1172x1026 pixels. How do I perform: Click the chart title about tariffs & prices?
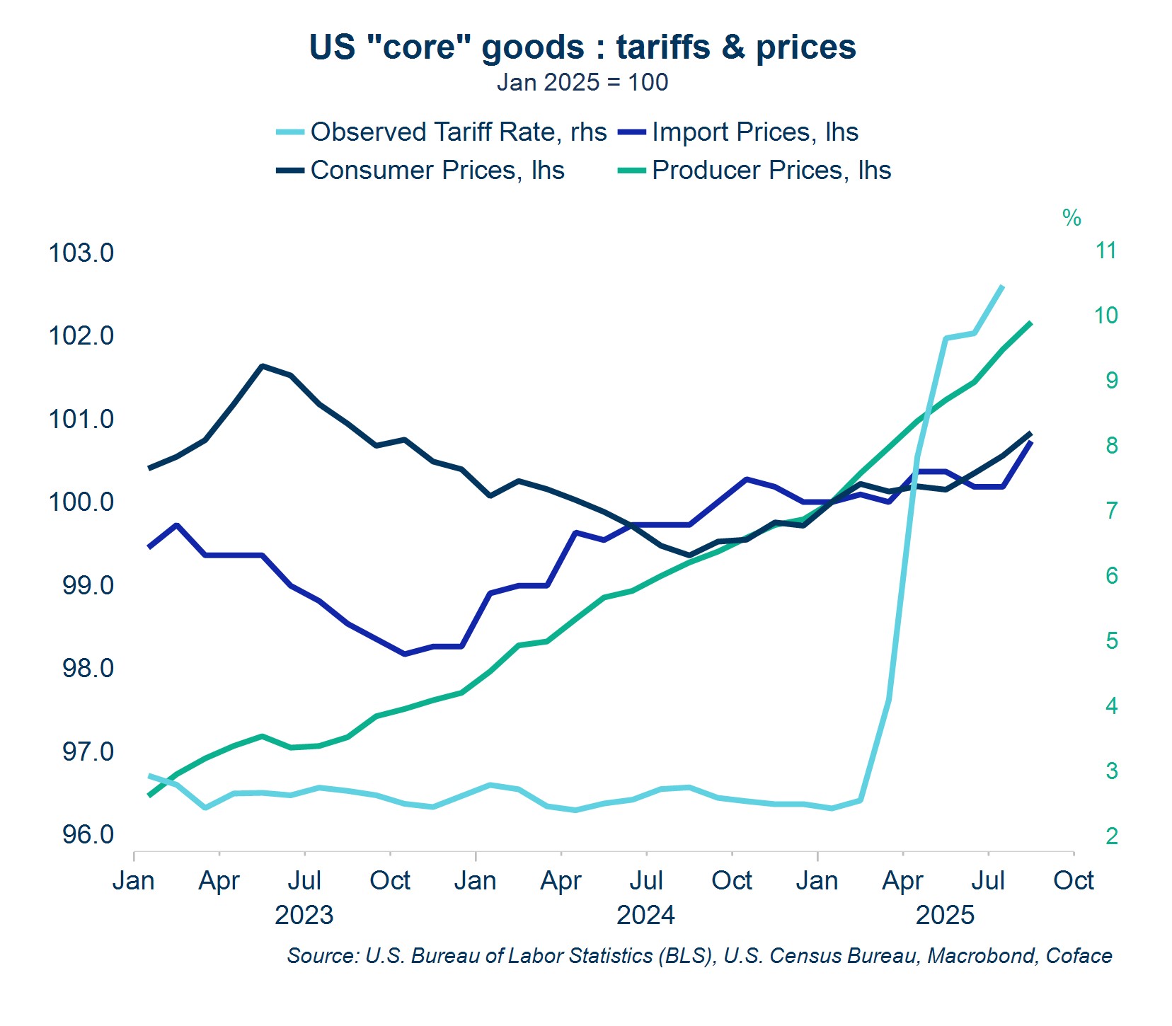point(582,47)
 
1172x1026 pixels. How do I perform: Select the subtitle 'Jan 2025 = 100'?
point(582,83)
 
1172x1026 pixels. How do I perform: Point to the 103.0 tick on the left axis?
point(81,253)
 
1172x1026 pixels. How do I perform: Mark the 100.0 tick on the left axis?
point(81,502)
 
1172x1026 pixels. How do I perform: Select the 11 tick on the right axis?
point(1105,250)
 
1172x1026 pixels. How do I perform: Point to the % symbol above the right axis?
point(1072,218)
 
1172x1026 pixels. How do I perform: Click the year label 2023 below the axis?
point(304,915)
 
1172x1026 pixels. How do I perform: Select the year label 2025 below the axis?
point(946,915)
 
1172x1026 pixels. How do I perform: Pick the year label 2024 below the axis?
point(645,915)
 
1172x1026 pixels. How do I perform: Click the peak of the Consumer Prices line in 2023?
point(262,366)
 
